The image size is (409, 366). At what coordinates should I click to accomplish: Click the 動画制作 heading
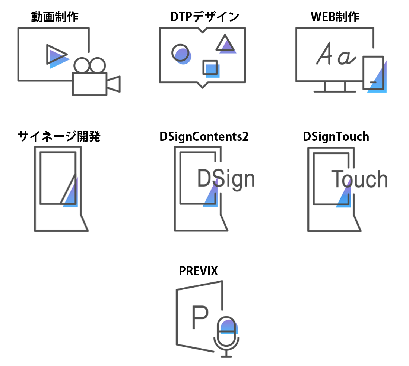(55, 17)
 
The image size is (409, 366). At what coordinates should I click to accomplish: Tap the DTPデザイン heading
(205, 17)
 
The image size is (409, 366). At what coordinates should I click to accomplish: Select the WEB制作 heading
(335, 17)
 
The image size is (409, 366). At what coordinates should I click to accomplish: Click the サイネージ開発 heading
(59, 136)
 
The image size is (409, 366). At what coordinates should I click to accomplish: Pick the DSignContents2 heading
(204, 137)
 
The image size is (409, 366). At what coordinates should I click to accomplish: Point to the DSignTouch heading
(336, 137)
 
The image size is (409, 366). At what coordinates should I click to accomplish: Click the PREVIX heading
(198, 271)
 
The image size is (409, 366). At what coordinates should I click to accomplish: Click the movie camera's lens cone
(114, 84)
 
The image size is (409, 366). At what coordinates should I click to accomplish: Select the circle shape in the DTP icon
(180, 53)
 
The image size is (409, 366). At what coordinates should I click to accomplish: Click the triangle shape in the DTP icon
(225, 43)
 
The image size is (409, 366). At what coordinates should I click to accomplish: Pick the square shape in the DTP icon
(210, 67)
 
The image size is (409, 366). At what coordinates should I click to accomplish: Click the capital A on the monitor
(324, 54)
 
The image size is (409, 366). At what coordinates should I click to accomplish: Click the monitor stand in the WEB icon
(335, 87)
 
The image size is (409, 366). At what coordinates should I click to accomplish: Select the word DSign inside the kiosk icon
(226, 179)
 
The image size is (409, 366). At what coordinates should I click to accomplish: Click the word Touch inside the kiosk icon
(359, 179)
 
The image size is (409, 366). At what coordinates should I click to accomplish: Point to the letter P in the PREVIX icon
(200, 317)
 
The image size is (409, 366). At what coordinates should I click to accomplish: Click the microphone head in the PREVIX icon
(226, 325)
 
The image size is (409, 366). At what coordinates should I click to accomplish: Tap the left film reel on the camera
(82, 65)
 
